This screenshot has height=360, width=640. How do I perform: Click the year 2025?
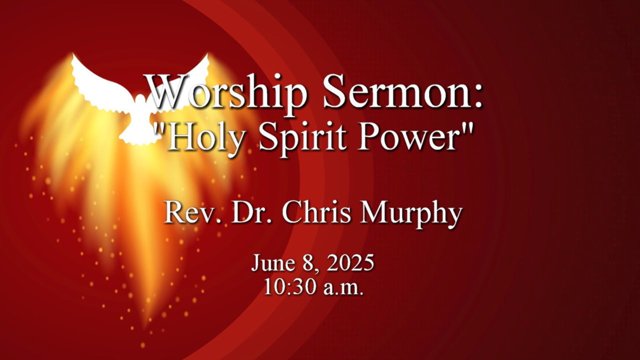coord(350,263)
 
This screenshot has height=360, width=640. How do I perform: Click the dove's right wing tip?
coord(206,55)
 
